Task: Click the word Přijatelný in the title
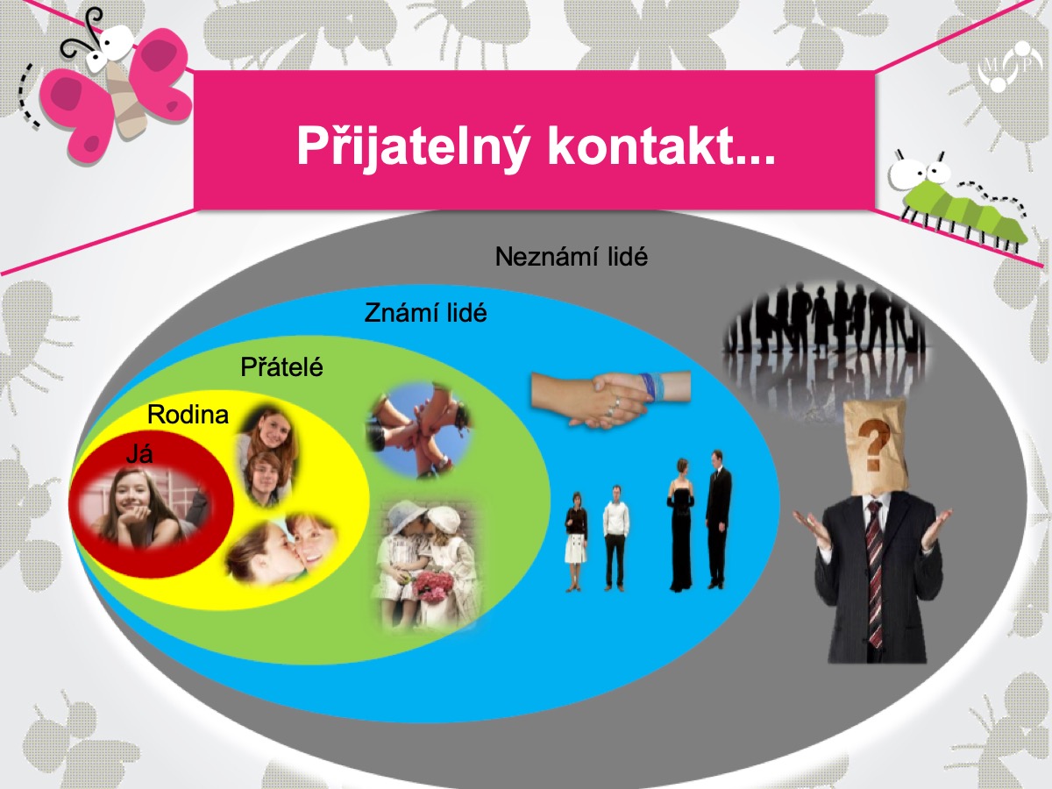coord(413,146)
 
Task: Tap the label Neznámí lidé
coord(572,257)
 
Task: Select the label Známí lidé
coord(425,313)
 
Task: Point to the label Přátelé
coord(281,367)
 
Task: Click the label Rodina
coord(188,415)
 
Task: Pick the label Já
coord(139,453)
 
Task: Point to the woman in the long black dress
coord(681,524)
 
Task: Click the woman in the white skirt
coord(576,541)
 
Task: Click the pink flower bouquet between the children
coord(433,586)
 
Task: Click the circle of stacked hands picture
coord(419,430)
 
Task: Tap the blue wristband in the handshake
coord(653,386)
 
